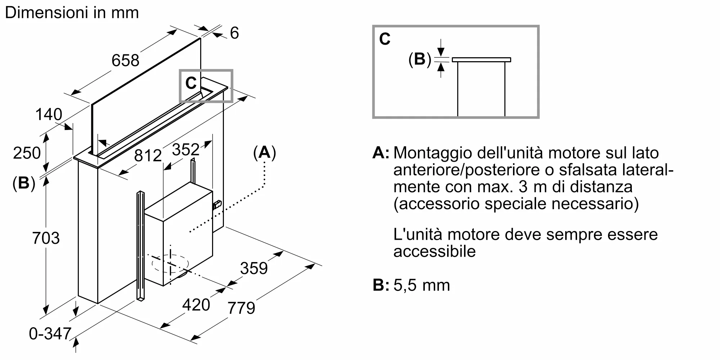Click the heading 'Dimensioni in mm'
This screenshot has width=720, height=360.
tap(72, 13)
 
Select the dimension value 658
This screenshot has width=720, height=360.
tap(125, 60)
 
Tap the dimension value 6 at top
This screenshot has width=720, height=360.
tap(234, 33)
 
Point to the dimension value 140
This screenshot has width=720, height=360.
tap(49, 115)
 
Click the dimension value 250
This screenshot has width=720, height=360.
tap(27, 153)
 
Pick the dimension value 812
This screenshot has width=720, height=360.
tap(148, 156)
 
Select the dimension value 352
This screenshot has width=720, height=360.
tap(186, 149)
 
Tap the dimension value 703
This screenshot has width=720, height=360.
tap(46, 238)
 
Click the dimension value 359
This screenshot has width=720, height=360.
tap(254, 269)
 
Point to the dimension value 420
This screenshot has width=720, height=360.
tap(196, 305)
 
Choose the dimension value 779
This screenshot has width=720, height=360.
tap(241, 308)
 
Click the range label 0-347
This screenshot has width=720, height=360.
tap(50, 334)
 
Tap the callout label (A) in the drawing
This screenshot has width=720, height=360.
tap(265, 153)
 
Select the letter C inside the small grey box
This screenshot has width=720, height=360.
tap(191, 84)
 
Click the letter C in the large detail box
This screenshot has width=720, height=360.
tap(385, 39)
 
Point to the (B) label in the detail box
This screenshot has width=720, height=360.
tap(420, 59)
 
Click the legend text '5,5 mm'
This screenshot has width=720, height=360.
tap(422, 285)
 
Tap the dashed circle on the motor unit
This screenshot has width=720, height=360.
tap(170, 264)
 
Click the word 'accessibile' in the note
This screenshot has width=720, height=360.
tap(435, 251)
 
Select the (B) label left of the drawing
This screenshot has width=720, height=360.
tap(24, 183)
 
